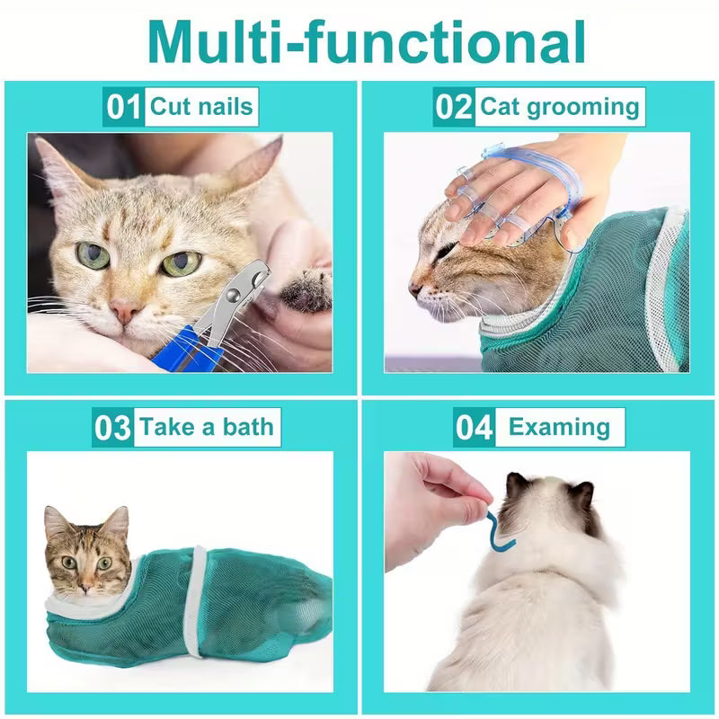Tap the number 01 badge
point(123,107)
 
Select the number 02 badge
point(454,107)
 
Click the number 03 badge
point(112,427)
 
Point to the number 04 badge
point(474,427)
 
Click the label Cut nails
point(201,107)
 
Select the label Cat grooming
point(558,107)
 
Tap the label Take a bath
point(206,426)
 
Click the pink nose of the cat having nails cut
point(124,311)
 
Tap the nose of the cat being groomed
point(414,289)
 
